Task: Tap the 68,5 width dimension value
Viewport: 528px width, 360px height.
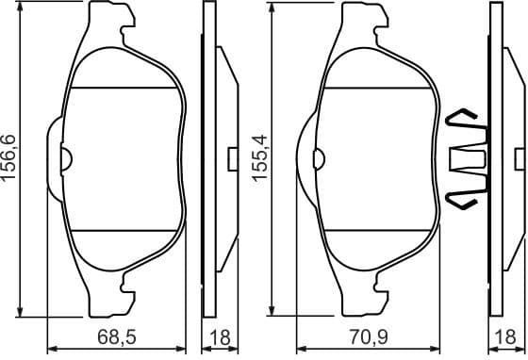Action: (121, 336)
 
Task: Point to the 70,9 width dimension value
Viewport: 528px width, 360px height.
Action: (369, 336)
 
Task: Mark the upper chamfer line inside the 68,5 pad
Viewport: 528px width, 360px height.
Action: (125, 88)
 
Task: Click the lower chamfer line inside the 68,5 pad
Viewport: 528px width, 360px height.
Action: (125, 230)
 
